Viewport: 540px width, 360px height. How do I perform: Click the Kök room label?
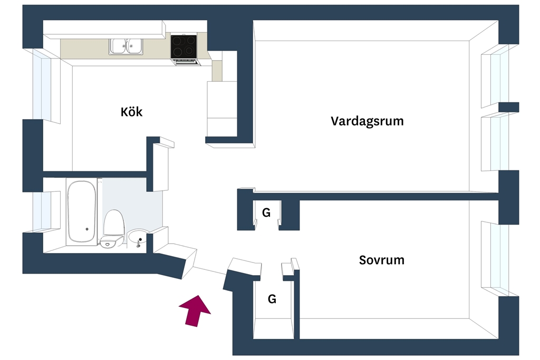point(131,112)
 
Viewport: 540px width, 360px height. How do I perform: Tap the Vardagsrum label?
point(367,121)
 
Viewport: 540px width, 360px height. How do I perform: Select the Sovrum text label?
point(382,260)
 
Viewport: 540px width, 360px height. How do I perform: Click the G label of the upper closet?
point(266,213)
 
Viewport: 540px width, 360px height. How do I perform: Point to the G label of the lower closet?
point(272,299)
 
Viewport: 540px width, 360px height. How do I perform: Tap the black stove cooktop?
point(184,46)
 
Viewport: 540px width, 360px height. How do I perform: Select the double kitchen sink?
point(126,46)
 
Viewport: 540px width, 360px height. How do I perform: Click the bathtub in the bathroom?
point(82,212)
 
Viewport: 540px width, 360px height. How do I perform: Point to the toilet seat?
point(114,222)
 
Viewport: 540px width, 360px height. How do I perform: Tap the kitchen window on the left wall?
point(43,86)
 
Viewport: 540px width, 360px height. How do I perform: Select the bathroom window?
point(42,211)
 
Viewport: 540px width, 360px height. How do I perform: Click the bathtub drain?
point(87,229)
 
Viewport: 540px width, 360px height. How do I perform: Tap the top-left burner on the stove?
point(177,41)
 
